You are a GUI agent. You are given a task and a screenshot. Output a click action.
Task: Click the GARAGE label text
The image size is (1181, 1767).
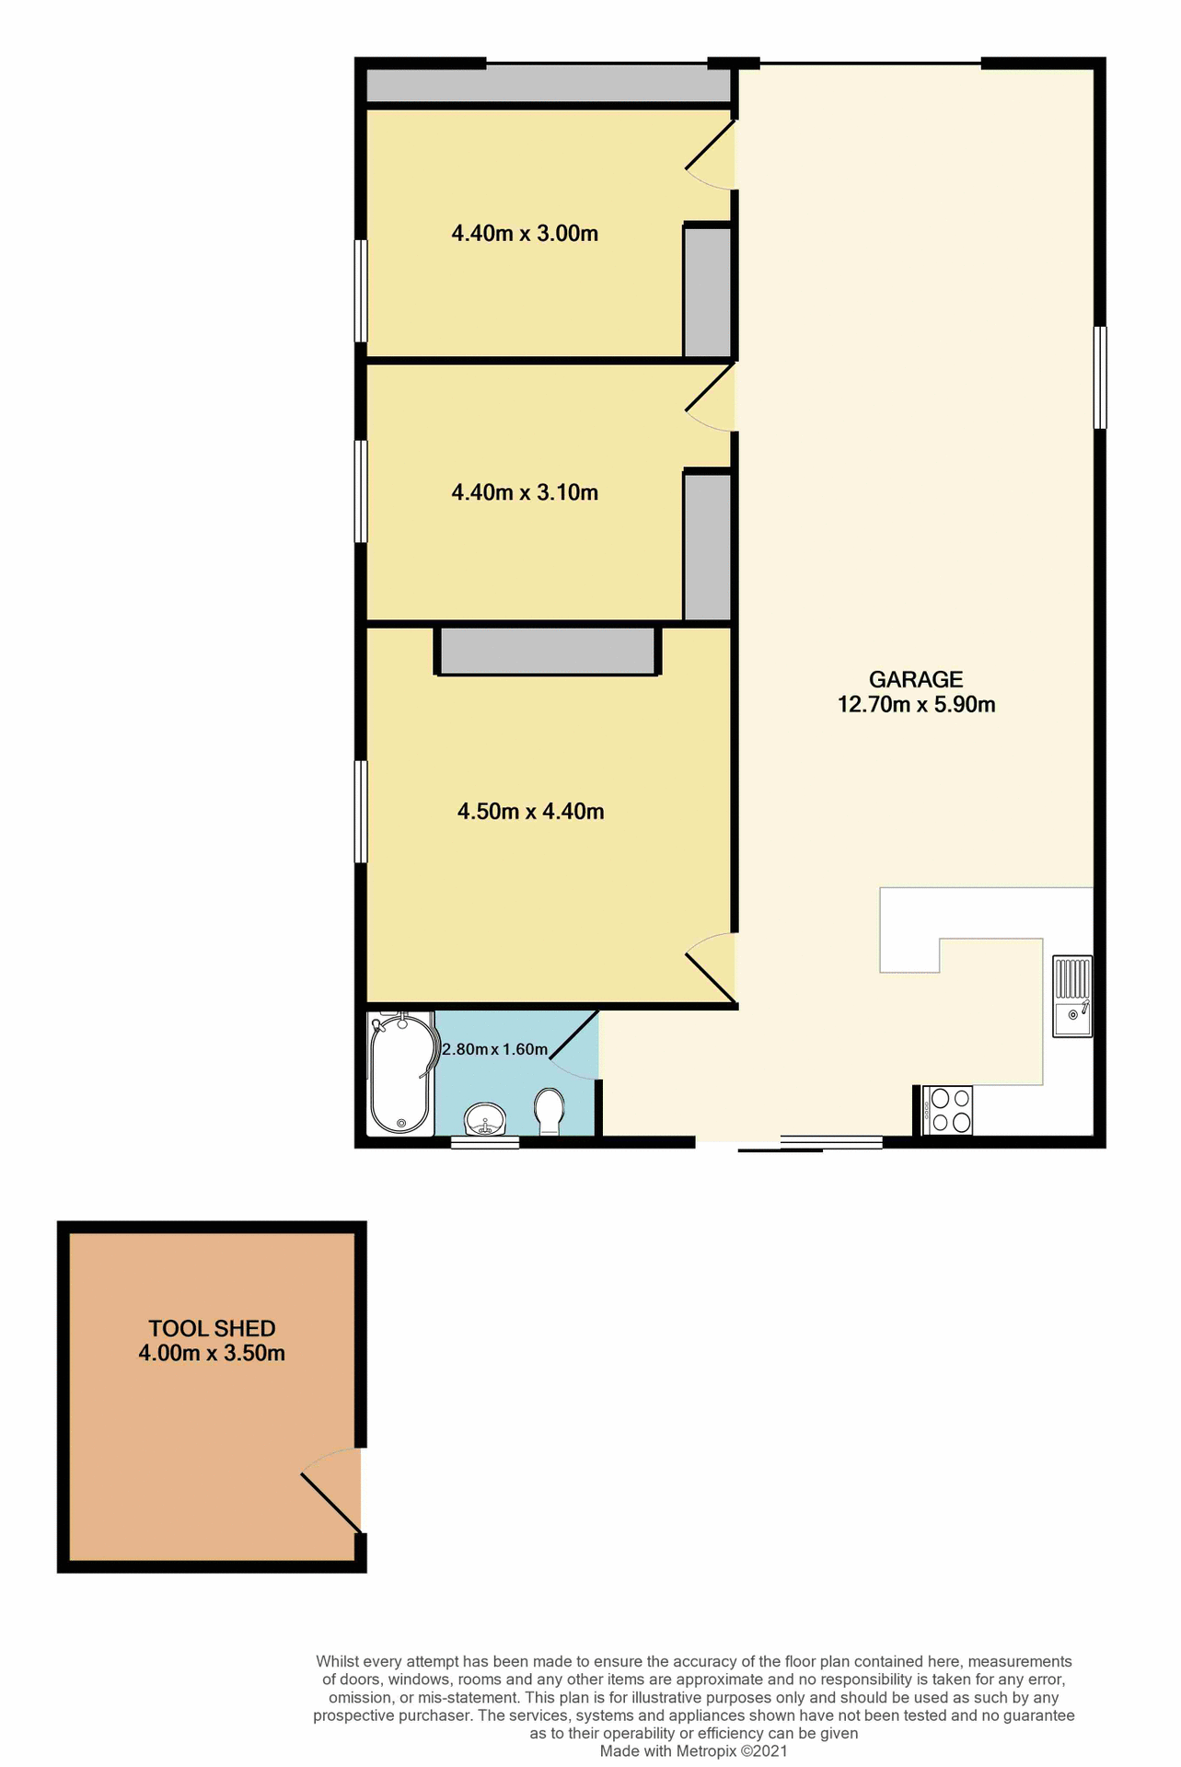(915, 679)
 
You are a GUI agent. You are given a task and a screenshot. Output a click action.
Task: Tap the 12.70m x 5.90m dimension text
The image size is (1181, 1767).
(915, 705)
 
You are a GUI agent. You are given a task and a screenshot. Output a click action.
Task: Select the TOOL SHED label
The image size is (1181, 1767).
(212, 1328)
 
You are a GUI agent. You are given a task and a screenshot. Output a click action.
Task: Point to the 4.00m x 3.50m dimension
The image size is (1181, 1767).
(212, 1353)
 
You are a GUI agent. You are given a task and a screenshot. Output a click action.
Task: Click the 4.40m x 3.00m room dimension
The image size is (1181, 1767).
(525, 234)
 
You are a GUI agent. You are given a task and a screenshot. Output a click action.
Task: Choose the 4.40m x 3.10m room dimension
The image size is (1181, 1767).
(525, 493)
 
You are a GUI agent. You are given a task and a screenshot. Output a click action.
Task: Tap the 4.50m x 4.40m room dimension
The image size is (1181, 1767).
(530, 812)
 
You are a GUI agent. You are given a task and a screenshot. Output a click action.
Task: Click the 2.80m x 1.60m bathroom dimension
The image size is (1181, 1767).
(495, 1049)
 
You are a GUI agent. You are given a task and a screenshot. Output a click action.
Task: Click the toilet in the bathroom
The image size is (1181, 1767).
(550, 1112)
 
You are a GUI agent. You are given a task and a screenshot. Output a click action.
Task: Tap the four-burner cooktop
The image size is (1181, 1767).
(947, 1110)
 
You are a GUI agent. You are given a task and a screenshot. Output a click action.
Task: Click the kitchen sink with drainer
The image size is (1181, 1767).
(1072, 997)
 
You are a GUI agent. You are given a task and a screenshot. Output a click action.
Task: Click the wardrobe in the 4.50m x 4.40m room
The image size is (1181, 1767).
(548, 651)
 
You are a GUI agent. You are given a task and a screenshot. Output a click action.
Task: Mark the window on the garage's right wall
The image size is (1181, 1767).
(1100, 377)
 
